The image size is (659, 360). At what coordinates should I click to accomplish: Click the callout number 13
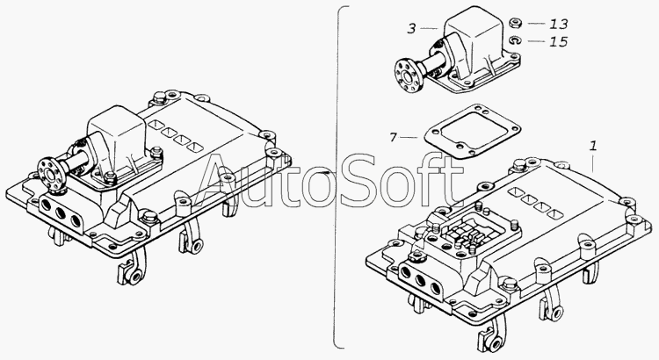(x=559, y=24)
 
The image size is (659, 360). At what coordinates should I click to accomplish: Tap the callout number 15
(x=559, y=41)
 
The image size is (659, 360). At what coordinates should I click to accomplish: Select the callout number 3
(x=411, y=29)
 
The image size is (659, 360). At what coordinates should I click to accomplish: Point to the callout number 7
(x=394, y=137)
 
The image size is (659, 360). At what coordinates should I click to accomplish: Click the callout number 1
(x=593, y=146)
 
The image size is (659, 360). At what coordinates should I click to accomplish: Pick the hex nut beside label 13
(x=514, y=23)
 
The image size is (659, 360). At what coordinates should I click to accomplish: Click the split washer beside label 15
(x=515, y=40)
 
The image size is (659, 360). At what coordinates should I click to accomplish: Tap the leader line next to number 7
(x=409, y=137)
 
